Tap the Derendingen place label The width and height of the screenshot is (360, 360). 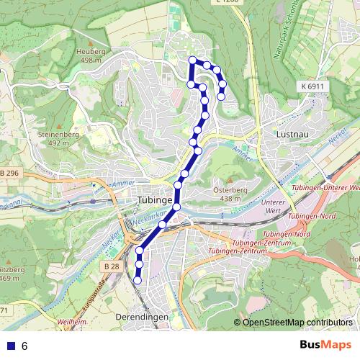141,317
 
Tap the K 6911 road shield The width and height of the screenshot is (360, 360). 309,86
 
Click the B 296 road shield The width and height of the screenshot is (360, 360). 10,173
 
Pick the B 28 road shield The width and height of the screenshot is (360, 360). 110,266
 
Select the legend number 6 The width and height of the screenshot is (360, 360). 24,346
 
